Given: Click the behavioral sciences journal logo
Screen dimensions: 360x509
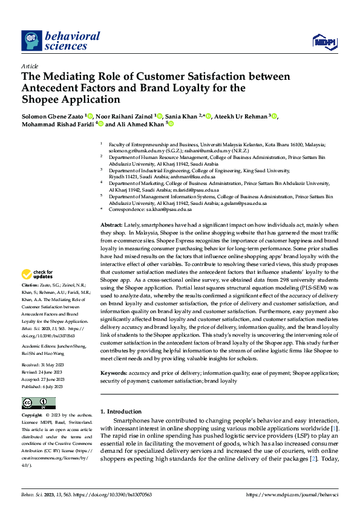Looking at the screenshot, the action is pyautogui.click(x=61, y=41).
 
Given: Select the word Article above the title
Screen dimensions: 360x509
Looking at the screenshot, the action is pyautogui.click(x=30, y=66).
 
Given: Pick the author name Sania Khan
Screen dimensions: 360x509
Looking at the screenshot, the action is pyautogui.click(x=183, y=116).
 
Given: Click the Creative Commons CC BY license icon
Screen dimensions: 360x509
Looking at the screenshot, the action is pyautogui.click(x=38, y=403).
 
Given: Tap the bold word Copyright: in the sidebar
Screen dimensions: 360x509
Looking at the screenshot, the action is pyautogui.click(x=32, y=415).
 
